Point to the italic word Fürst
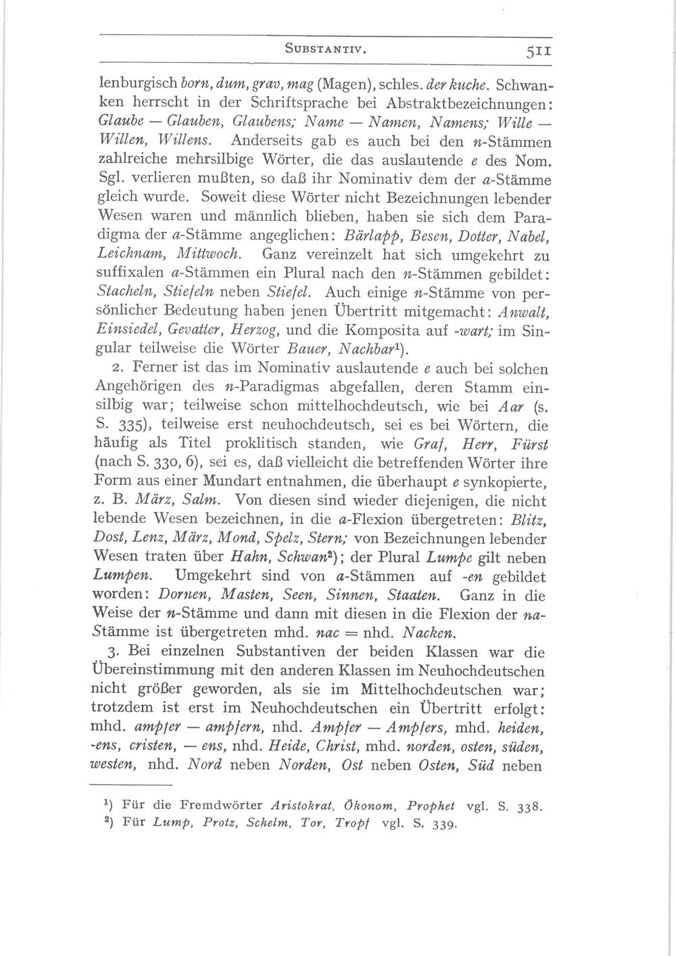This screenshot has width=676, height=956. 531,445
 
